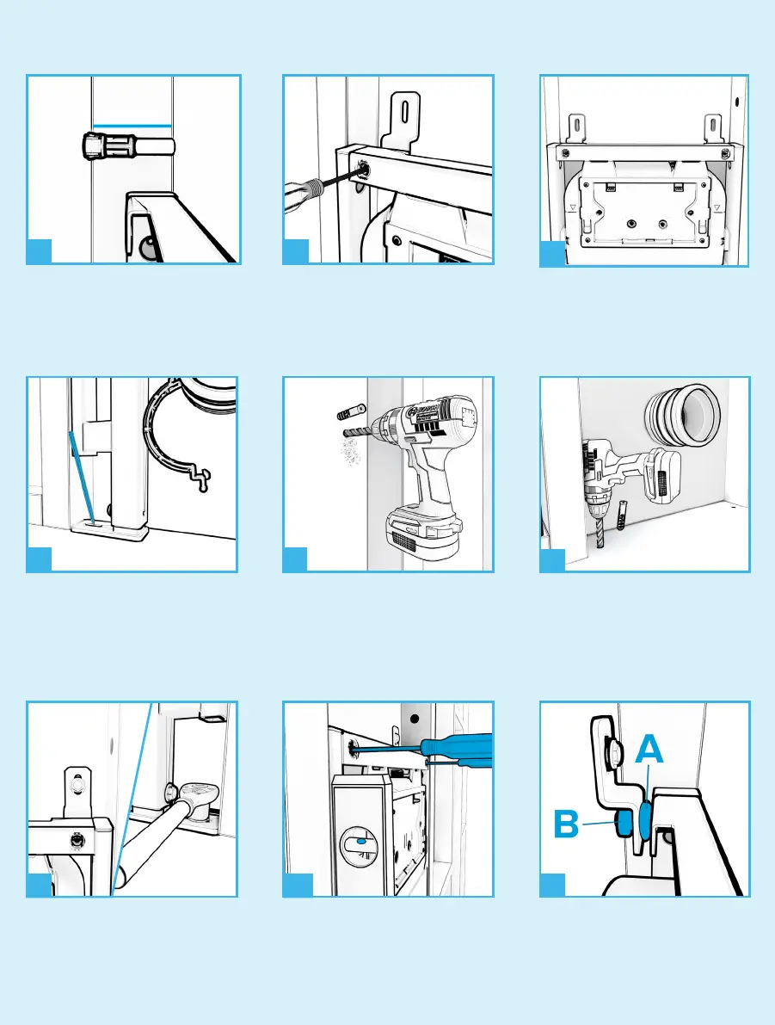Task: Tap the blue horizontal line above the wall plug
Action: [x=133, y=126]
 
